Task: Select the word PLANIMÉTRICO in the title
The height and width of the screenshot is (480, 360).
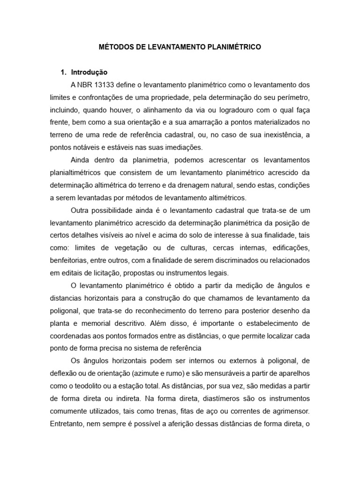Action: (233, 47)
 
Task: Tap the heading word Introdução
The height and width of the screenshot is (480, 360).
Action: (89, 72)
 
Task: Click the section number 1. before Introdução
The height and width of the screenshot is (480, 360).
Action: (64, 72)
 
